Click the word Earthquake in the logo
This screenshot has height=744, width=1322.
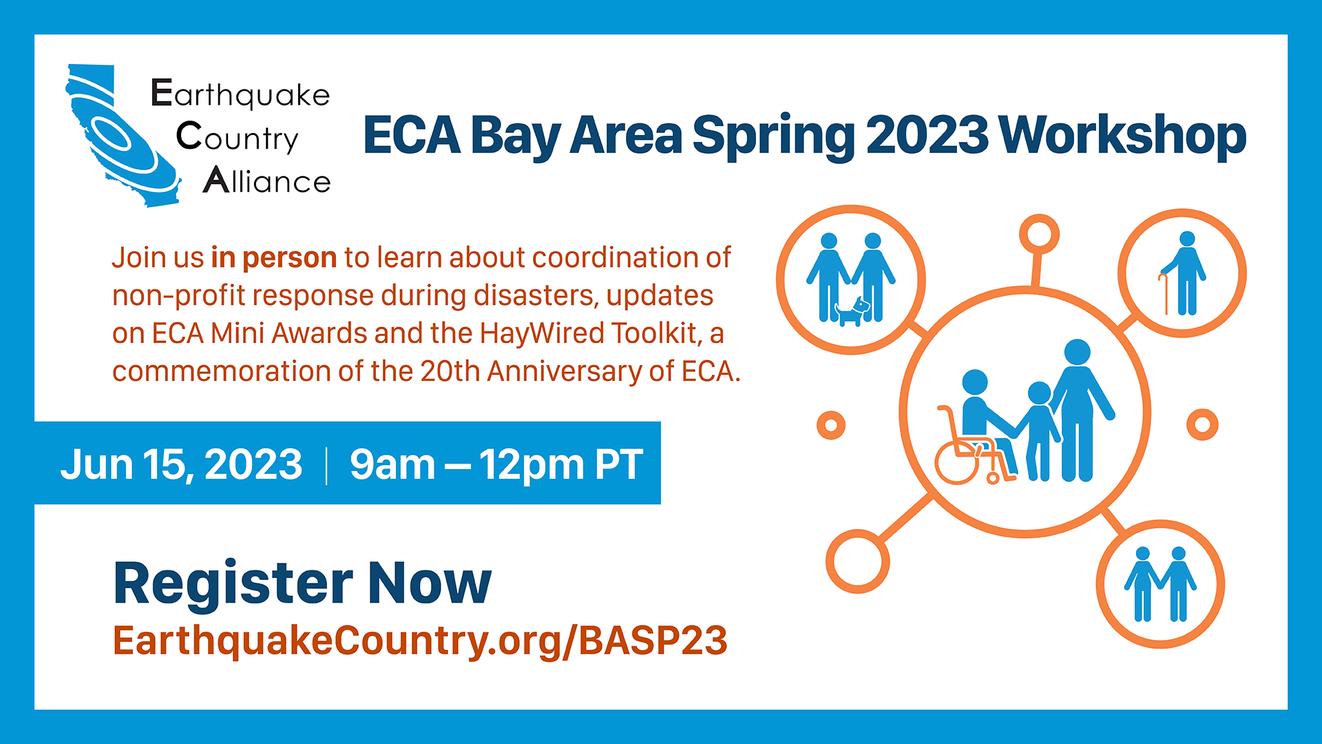(x=240, y=94)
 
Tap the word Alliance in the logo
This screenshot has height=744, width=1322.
(x=267, y=180)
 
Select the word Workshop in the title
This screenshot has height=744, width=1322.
(x=1122, y=136)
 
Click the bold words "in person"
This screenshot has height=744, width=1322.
(x=274, y=258)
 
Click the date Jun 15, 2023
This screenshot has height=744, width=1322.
(x=181, y=465)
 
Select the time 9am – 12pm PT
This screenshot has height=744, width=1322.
(x=496, y=465)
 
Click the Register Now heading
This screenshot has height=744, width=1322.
(x=302, y=583)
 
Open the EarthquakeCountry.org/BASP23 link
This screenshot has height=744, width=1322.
(x=420, y=641)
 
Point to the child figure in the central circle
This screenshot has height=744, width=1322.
(x=1039, y=431)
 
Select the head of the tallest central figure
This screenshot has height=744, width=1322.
(x=1077, y=352)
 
